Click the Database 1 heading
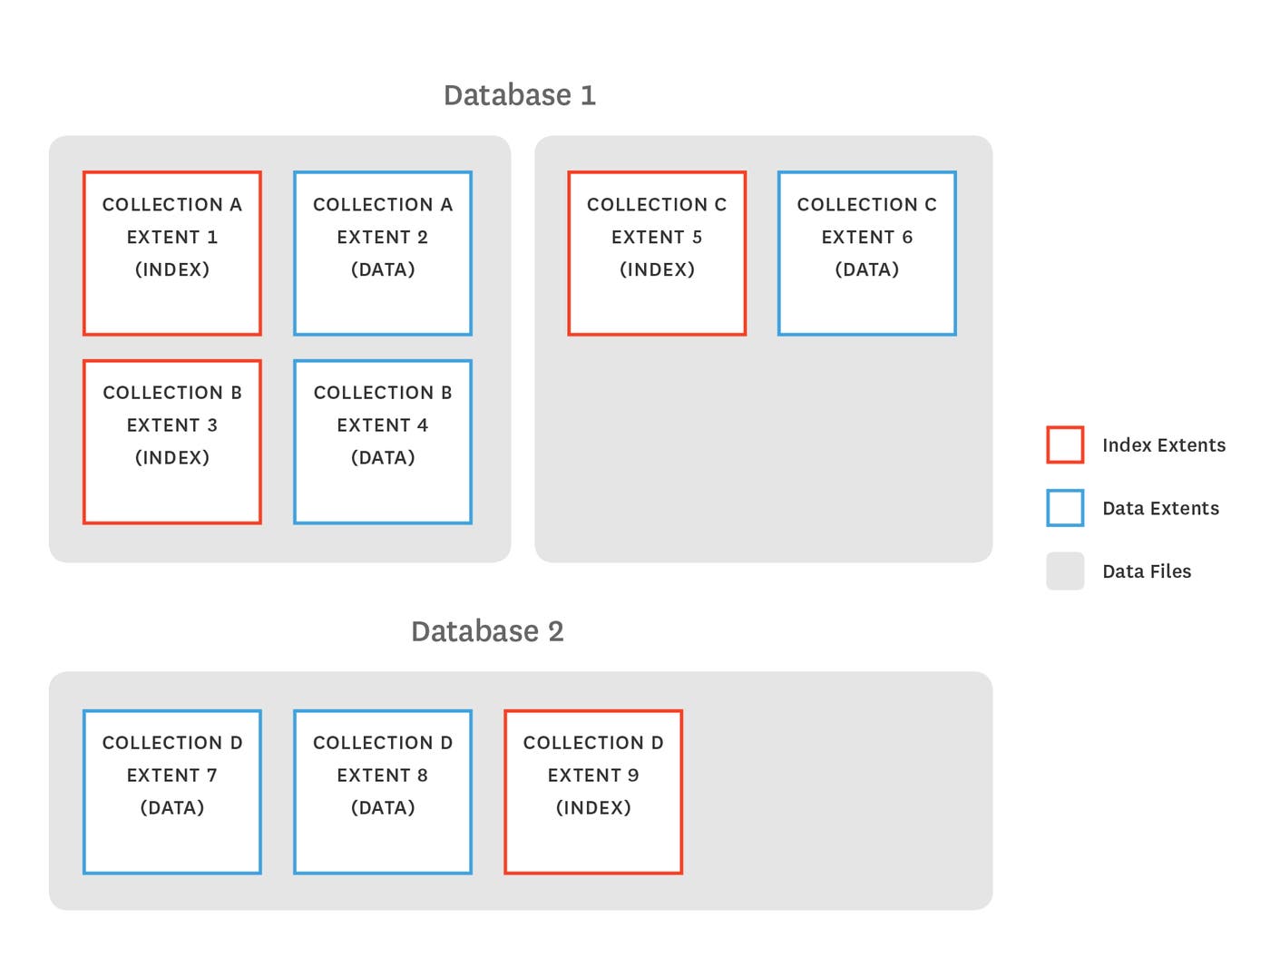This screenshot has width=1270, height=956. [519, 95]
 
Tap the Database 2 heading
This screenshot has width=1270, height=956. [487, 631]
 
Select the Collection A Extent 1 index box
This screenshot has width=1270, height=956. [172, 253]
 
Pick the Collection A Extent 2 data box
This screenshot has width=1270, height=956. [383, 253]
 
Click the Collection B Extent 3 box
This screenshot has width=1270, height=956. [172, 442]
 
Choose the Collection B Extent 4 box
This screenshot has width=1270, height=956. [383, 442]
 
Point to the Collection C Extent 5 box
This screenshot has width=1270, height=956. [657, 253]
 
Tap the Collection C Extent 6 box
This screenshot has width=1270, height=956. [867, 253]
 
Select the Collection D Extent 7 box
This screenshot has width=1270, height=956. [172, 792]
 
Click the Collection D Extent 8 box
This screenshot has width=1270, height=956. [383, 792]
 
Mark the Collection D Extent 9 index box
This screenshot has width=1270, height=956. [593, 792]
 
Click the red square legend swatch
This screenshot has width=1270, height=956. [1065, 444]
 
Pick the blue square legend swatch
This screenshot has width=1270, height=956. [1065, 508]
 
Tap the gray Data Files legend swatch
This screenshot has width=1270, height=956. [1065, 571]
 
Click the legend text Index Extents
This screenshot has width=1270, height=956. [1164, 445]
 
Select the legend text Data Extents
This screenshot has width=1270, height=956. [1160, 509]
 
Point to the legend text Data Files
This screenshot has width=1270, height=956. [1147, 571]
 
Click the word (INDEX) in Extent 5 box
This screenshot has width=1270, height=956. [657, 269]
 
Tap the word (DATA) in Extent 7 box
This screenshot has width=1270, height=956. [172, 807]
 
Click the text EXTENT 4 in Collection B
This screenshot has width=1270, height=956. [383, 425]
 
